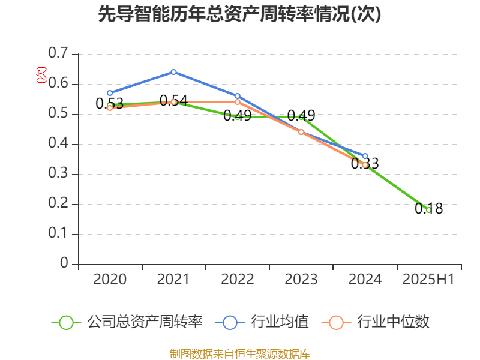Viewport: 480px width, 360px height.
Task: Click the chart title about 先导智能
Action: coord(239,14)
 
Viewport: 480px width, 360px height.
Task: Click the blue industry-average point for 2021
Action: coord(173,72)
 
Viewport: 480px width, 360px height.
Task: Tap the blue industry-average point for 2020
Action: coord(110,93)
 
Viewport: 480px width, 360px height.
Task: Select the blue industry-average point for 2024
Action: coord(365,156)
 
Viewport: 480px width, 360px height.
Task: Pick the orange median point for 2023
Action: coord(301,132)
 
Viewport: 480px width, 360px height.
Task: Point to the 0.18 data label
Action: coord(428,209)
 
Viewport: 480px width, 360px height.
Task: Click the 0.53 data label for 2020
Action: coord(109,103)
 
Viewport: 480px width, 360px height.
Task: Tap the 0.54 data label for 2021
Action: coord(173,100)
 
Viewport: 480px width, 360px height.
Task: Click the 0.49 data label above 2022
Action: coord(237,115)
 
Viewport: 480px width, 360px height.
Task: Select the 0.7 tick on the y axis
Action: coord(59,54)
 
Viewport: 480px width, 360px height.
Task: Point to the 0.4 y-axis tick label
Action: coord(59,144)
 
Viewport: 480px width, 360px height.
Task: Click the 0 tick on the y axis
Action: coord(65,264)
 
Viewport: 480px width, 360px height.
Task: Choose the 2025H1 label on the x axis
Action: coord(428,280)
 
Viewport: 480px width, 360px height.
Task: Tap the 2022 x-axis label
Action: coord(237,280)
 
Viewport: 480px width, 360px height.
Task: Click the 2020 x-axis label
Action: coord(110,280)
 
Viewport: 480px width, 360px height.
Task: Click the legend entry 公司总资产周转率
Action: coord(144,322)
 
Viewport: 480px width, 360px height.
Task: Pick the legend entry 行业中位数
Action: coord(392,322)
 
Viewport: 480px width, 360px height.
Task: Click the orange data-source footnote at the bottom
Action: coord(239,353)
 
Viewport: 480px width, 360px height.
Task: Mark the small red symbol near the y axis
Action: coord(41,74)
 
